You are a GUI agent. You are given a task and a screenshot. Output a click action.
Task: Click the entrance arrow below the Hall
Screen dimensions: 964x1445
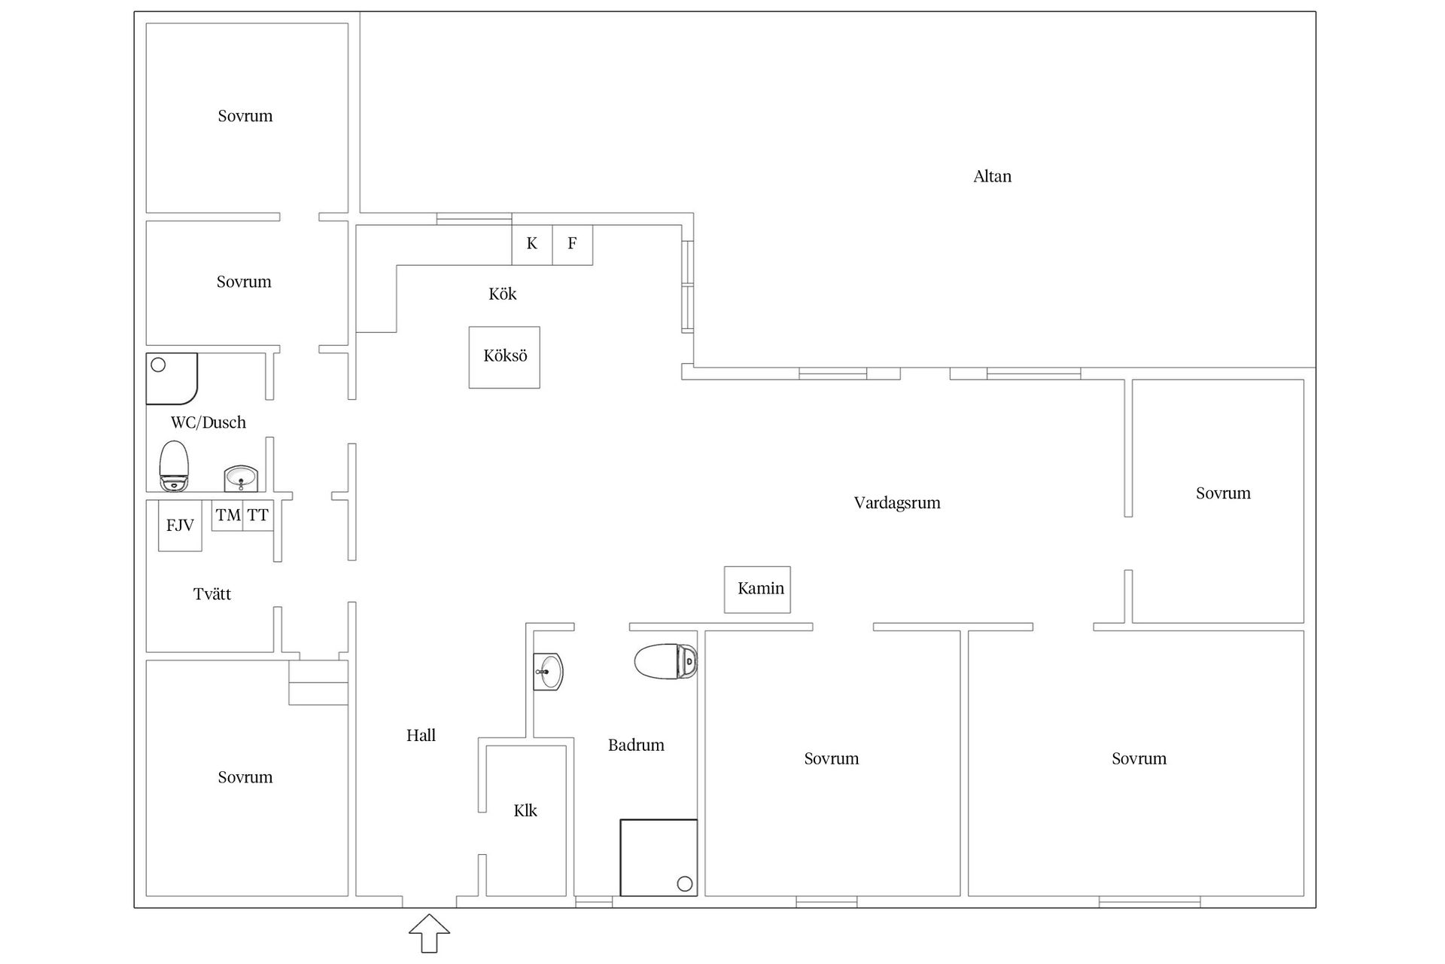429,933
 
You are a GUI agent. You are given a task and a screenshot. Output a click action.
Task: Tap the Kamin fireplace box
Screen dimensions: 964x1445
757,589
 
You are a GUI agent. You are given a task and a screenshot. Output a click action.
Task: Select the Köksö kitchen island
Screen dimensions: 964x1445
504,357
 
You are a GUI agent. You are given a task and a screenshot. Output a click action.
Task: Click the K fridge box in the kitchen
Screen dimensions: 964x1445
532,244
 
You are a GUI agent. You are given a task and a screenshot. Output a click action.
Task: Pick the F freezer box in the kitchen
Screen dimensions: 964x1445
572,244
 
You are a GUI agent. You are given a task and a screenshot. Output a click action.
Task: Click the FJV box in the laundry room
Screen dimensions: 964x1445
180,525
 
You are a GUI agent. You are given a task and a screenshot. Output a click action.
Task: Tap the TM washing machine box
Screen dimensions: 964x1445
227,516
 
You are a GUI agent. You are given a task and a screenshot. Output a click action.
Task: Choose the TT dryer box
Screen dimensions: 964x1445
258,516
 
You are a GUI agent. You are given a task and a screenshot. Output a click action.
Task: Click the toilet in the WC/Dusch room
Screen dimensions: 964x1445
174,466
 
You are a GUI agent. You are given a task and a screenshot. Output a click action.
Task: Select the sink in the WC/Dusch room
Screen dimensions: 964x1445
241,478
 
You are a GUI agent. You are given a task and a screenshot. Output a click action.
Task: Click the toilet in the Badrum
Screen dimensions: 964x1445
665,661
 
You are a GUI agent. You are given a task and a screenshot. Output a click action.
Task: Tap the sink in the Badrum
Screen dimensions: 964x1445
549,670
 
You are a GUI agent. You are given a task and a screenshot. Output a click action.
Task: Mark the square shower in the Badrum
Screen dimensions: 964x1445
659,857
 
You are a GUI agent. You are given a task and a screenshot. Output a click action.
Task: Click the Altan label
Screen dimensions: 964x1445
992,176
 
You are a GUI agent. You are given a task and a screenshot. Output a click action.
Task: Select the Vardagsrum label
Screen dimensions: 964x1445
896,503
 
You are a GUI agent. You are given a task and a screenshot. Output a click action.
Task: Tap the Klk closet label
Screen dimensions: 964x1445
525,811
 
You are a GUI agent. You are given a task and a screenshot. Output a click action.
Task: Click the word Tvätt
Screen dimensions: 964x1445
212,594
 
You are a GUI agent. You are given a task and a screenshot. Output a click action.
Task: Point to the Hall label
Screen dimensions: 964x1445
421,736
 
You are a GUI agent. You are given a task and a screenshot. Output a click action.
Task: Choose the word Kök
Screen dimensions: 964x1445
502,294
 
